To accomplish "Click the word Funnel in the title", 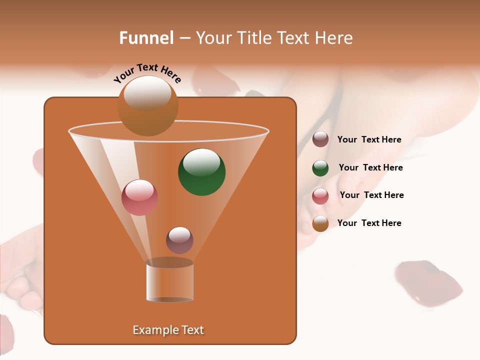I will point(146,38).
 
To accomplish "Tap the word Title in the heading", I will point(253,38).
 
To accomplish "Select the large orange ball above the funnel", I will point(147,106).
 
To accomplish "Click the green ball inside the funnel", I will point(201,172).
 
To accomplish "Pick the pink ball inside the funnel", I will point(139,197).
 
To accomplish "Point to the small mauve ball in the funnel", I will point(179,240).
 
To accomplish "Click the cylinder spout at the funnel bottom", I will point(169,281).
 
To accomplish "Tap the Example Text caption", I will point(168,330).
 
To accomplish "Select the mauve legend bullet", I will point(320,139).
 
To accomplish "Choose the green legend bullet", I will point(320,168).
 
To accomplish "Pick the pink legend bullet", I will point(320,196).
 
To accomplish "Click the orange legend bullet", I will point(320,223).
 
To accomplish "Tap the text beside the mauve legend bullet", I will point(369,140).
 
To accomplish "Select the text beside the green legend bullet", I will point(370,167).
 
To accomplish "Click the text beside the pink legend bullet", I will point(371,195).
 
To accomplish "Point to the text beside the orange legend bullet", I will point(369,223).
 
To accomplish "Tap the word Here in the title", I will point(335,38).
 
